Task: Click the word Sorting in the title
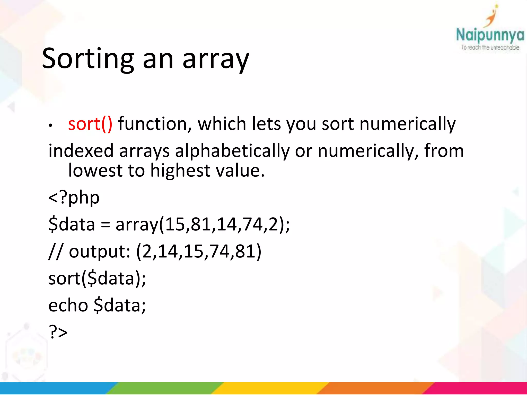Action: [88, 59]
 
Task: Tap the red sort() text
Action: [90, 124]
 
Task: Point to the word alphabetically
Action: [232, 151]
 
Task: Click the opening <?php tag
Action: [74, 198]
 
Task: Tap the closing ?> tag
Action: [58, 332]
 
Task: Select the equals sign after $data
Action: [105, 225]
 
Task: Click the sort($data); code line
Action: [97, 279]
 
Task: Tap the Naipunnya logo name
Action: [490, 35]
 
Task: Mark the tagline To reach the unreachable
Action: [490, 48]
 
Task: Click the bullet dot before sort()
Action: [51, 125]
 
